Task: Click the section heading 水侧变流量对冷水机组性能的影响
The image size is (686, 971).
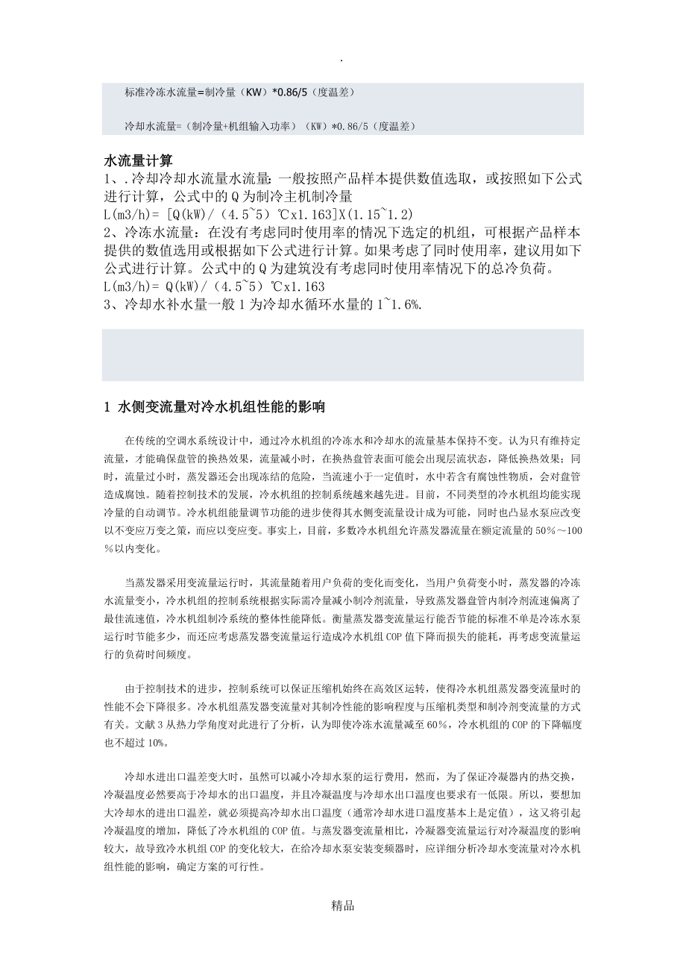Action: click(223, 407)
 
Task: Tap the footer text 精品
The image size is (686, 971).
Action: click(342, 906)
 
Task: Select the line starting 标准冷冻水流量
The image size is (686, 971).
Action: click(239, 92)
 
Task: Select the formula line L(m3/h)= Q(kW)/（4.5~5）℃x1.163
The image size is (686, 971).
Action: click(214, 286)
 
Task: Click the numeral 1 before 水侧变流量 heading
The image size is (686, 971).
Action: click(107, 407)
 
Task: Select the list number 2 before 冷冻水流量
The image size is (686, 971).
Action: click(107, 233)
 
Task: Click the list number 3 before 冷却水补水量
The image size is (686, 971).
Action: click(107, 304)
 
